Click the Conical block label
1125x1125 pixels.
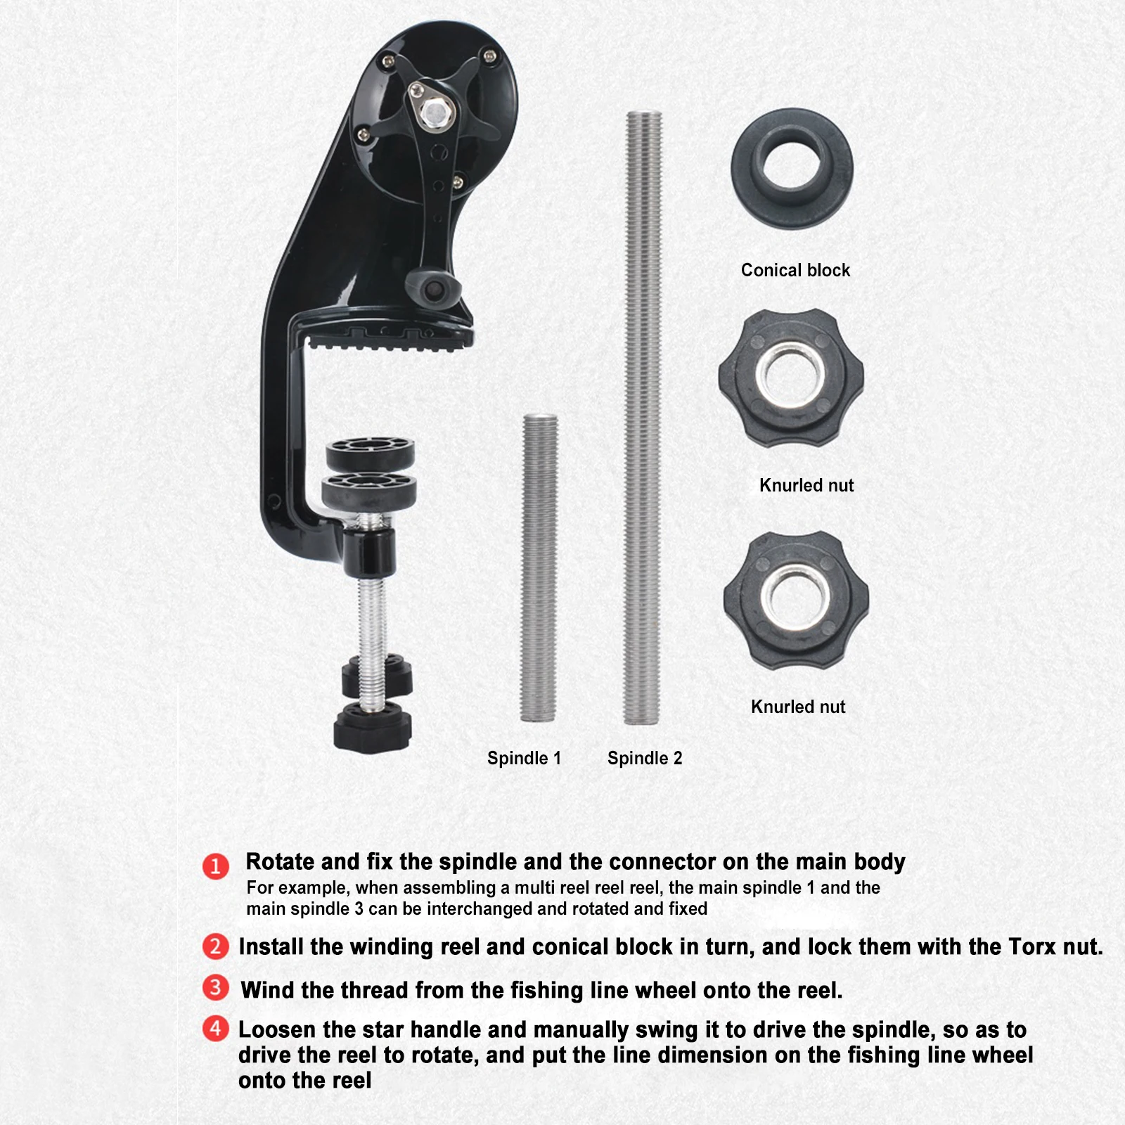click(x=795, y=270)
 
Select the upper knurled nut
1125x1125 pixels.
click(x=792, y=378)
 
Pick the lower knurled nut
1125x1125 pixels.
click(x=796, y=600)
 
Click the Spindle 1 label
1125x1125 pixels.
click(x=524, y=758)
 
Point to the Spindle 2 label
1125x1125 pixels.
click(x=645, y=758)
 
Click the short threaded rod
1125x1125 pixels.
click(x=539, y=568)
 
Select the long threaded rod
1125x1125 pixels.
click(x=643, y=418)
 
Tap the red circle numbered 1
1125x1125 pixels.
click(x=216, y=866)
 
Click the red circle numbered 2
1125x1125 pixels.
click(x=215, y=946)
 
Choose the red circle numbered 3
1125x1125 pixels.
click(x=215, y=987)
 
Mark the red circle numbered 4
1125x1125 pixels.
click(x=215, y=1029)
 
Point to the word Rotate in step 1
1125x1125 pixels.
click(x=279, y=861)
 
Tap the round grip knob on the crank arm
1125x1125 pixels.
click(x=433, y=288)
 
